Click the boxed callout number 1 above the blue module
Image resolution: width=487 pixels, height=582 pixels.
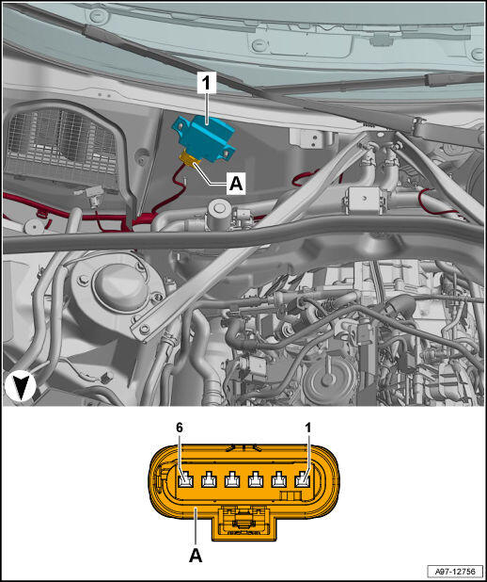pyautogui.click(x=206, y=84)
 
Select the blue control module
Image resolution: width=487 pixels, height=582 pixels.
pyautogui.click(x=203, y=137)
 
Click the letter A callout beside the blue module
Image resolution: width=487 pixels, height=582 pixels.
pyautogui.click(x=236, y=184)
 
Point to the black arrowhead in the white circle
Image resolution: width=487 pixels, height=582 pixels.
pyautogui.click(x=21, y=387)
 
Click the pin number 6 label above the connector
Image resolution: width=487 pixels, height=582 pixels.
pyautogui.click(x=180, y=428)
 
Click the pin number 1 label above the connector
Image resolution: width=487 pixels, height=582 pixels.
pyautogui.click(x=308, y=428)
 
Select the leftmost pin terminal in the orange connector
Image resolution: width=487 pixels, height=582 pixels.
pyautogui.click(x=185, y=480)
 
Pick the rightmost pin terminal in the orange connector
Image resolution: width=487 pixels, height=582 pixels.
pyautogui.click(x=302, y=480)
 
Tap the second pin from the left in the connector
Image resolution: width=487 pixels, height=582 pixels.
pyautogui.click(x=209, y=480)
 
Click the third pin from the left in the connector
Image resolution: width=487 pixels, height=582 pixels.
pyautogui.click(x=232, y=480)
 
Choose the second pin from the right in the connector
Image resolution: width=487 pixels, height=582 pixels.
pyautogui.click(x=278, y=480)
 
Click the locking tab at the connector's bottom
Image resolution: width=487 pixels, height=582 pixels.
pyautogui.click(x=244, y=523)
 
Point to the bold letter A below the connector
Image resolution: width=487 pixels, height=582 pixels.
pyautogui.click(x=196, y=556)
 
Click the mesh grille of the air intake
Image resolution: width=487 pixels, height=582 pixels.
pyautogui.click(x=61, y=142)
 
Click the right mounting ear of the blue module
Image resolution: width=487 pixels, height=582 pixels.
pyautogui.click(x=228, y=153)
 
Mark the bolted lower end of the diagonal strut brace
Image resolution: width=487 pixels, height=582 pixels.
pyautogui.click(x=144, y=329)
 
